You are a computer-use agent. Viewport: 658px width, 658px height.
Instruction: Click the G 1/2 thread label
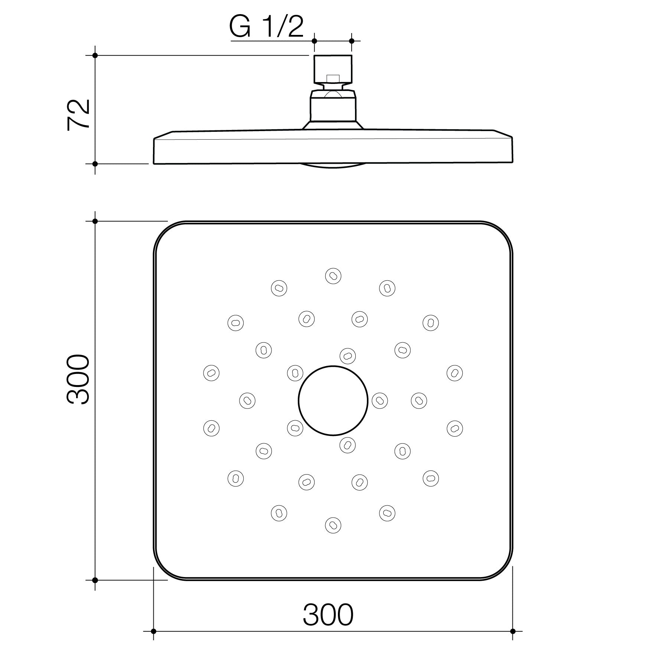coord(266,27)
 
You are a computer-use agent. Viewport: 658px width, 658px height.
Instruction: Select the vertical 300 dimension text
coord(78,379)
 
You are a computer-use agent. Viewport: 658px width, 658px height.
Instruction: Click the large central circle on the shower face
coord(333,400)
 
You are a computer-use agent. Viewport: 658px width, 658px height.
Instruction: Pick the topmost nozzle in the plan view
coord(333,276)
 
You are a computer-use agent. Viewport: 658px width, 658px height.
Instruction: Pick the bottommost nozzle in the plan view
coord(333,525)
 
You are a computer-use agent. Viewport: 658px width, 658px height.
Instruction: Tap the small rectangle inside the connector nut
coord(333,78)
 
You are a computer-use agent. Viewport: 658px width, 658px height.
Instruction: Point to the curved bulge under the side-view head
coord(333,166)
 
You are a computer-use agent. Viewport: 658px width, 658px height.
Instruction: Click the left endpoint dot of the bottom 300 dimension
coord(153,631)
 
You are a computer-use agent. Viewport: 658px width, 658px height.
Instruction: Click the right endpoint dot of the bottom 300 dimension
coord(513,631)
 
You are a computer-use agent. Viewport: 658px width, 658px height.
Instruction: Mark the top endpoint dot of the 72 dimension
coord(95,55)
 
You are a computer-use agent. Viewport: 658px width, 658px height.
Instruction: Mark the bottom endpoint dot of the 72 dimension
coord(95,163)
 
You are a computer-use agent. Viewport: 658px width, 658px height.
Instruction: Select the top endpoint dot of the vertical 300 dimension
coord(95,221)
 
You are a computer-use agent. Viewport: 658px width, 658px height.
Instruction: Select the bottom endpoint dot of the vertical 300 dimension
coord(95,580)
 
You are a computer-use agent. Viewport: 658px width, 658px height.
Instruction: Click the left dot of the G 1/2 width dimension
coord(315,41)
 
